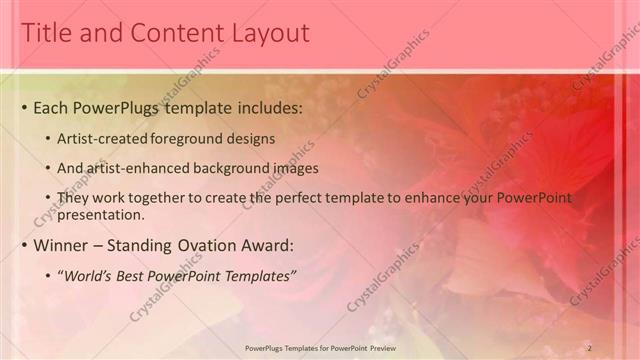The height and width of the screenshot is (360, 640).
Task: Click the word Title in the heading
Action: (45, 33)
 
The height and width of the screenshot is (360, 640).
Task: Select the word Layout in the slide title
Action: (268, 33)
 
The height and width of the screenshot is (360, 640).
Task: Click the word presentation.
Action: (103, 214)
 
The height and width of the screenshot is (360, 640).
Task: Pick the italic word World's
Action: (93, 275)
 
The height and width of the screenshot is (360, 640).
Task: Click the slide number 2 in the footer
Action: (590, 347)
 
